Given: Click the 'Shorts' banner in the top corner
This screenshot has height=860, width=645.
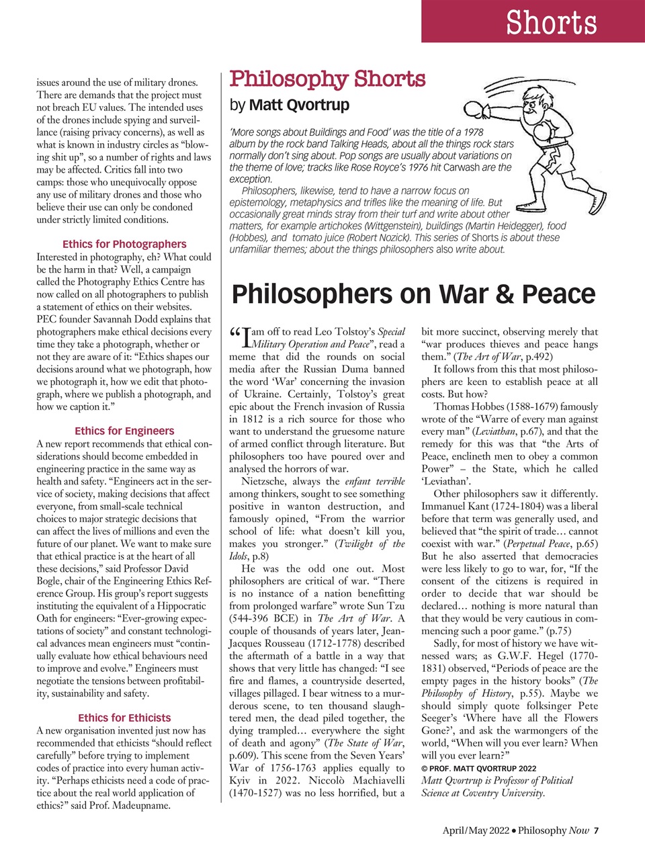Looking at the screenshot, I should (x=551, y=23).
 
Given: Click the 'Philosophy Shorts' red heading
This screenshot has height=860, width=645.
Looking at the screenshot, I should (x=327, y=79).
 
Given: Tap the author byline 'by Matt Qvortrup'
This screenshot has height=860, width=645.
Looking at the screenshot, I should (x=290, y=105).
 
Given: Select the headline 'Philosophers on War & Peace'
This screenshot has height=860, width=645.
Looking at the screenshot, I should (x=413, y=294).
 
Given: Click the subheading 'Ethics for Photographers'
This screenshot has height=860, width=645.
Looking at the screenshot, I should (x=124, y=244).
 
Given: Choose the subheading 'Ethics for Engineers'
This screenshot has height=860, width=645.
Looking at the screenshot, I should (x=124, y=431).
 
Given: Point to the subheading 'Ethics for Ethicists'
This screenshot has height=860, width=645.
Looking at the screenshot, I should (x=124, y=718).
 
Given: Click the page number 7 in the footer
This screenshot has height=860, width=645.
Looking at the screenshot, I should (x=596, y=830).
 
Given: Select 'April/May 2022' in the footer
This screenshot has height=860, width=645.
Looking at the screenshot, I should (x=475, y=830).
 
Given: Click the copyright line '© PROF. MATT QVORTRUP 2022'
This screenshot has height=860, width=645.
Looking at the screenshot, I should (x=478, y=768).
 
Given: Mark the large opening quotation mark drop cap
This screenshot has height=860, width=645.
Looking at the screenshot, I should (x=235, y=334).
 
